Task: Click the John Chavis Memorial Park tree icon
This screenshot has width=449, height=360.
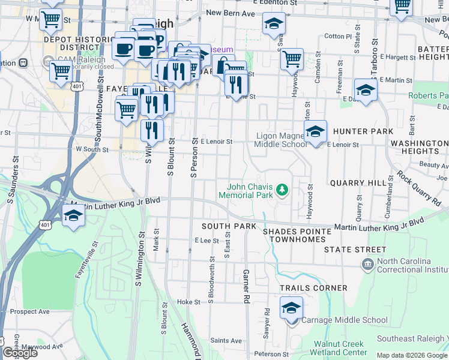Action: (x=282, y=190)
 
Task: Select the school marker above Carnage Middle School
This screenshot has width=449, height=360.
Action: (x=291, y=308)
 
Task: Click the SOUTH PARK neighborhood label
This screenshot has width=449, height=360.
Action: (x=229, y=226)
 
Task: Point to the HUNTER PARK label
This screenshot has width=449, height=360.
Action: (x=363, y=131)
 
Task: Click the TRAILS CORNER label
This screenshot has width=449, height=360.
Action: (x=313, y=288)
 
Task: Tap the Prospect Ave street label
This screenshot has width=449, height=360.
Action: (x=29, y=311)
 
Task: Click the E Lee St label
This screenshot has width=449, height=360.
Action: (x=206, y=240)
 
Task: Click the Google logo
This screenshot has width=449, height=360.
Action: (x=19, y=353)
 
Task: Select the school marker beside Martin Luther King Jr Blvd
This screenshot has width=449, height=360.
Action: (x=74, y=215)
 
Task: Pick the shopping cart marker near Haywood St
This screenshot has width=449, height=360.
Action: (x=291, y=59)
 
